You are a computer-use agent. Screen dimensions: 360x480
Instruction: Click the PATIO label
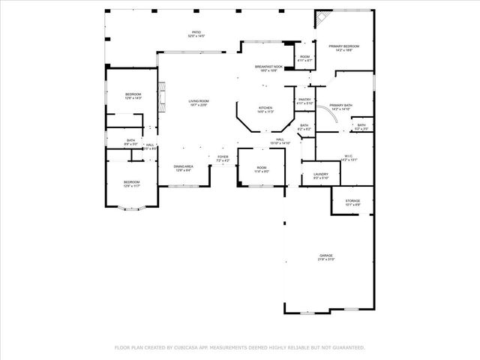click(196, 33)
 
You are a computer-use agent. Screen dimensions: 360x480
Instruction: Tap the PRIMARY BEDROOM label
click(344, 47)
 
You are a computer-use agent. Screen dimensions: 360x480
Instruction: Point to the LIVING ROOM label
click(198, 102)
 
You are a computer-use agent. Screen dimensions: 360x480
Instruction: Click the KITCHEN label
click(265, 109)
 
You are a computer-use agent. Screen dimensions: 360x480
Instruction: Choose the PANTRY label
click(304, 100)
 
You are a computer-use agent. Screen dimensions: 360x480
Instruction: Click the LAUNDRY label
click(320, 175)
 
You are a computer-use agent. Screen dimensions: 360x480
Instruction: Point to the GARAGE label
click(325, 256)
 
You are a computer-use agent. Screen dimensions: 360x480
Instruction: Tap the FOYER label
click(223, 157)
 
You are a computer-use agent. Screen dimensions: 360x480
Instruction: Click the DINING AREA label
click(184, 168)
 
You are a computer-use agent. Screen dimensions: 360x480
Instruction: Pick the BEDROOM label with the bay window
click(131, 183)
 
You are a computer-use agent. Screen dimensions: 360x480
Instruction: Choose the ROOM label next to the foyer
click(261, 169)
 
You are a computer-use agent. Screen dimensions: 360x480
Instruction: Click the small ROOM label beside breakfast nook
click(304, 58)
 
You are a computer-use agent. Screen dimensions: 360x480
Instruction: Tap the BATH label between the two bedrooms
click(130, 141)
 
